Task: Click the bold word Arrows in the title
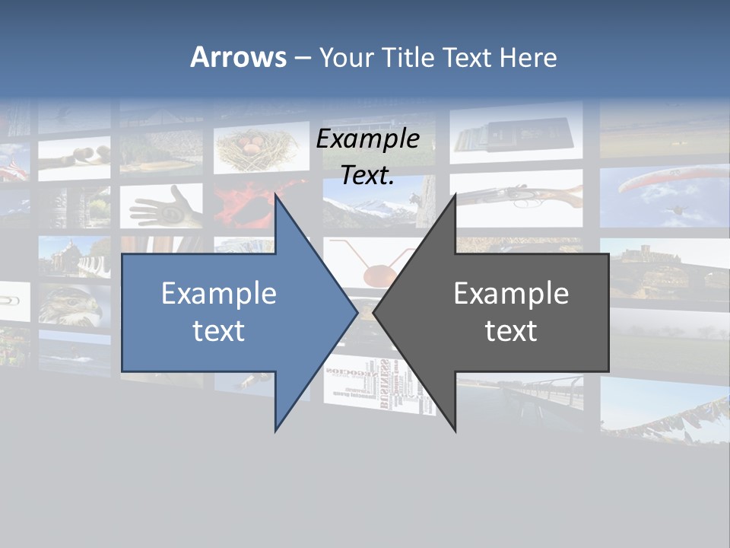[238, 57]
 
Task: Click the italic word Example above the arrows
[367, 139]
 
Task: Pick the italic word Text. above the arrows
[367, 175]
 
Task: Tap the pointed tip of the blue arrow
[357, 312]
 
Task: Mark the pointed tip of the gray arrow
[374, 312]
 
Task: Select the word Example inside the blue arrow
[219, 293]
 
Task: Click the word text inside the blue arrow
[219, 330]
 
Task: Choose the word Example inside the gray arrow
[511, 293]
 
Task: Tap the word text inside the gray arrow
[511, 330]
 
